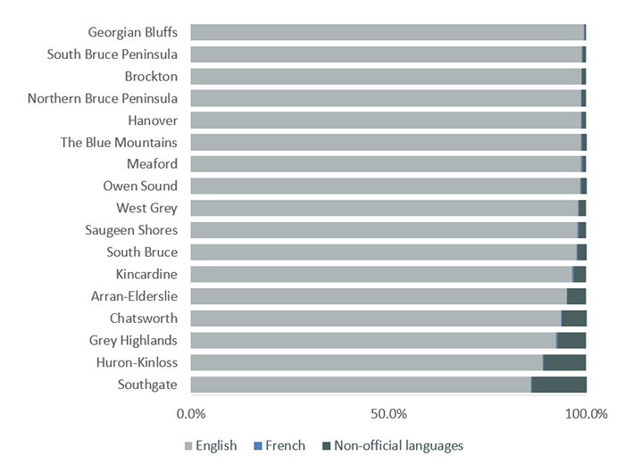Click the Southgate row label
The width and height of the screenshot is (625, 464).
[147, 385]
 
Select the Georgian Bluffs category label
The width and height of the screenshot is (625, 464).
[132, 33]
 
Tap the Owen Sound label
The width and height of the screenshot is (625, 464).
[141, 186]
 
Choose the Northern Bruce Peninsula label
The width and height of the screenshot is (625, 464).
[103, 98]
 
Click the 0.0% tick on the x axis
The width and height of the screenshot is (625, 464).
[191, 415]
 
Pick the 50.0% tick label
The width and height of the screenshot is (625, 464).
[388, 415]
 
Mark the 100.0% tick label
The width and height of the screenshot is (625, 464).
[586, 415]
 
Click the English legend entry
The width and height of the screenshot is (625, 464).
[210, 445]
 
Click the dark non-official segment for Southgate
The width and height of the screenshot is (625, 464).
[559, 385]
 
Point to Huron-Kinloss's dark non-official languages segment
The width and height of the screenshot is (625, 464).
[564, 362]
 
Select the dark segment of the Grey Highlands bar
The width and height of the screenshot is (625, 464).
[571, 340]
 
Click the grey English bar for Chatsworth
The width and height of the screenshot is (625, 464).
[375, 319]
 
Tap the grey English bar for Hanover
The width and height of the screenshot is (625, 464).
[385, 120]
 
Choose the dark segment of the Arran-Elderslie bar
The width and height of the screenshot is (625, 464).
[576, 296]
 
